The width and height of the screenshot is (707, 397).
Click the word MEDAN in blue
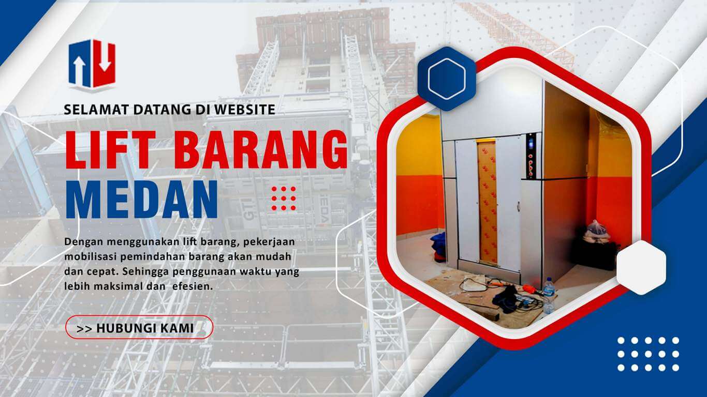(x=141, y=200)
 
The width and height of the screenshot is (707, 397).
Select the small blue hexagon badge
(x=447, y=79)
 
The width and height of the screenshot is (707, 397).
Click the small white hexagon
(x=641, y=267)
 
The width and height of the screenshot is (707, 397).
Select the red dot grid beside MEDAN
(x=284, y=198)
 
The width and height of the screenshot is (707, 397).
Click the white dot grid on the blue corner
(x=649, y=354)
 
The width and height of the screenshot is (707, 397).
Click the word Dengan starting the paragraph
(x=83, y=242)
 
